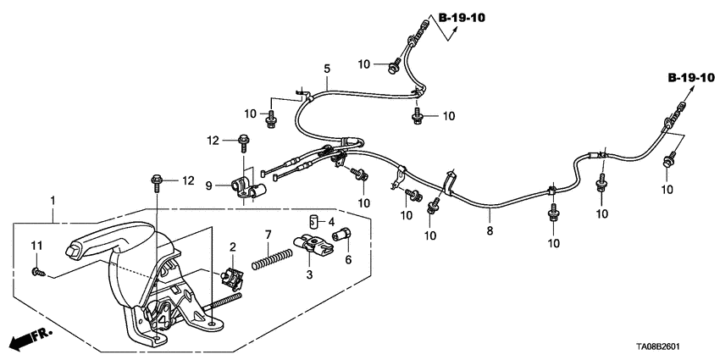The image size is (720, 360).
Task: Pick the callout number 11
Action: [36, 246]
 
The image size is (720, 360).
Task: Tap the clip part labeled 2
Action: [231, 275]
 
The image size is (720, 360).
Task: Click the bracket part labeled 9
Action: [247, 188]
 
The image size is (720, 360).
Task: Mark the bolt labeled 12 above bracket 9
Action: [243, 140]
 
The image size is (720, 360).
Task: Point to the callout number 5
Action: [326, 69]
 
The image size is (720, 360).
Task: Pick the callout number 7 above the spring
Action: [268, 233]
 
